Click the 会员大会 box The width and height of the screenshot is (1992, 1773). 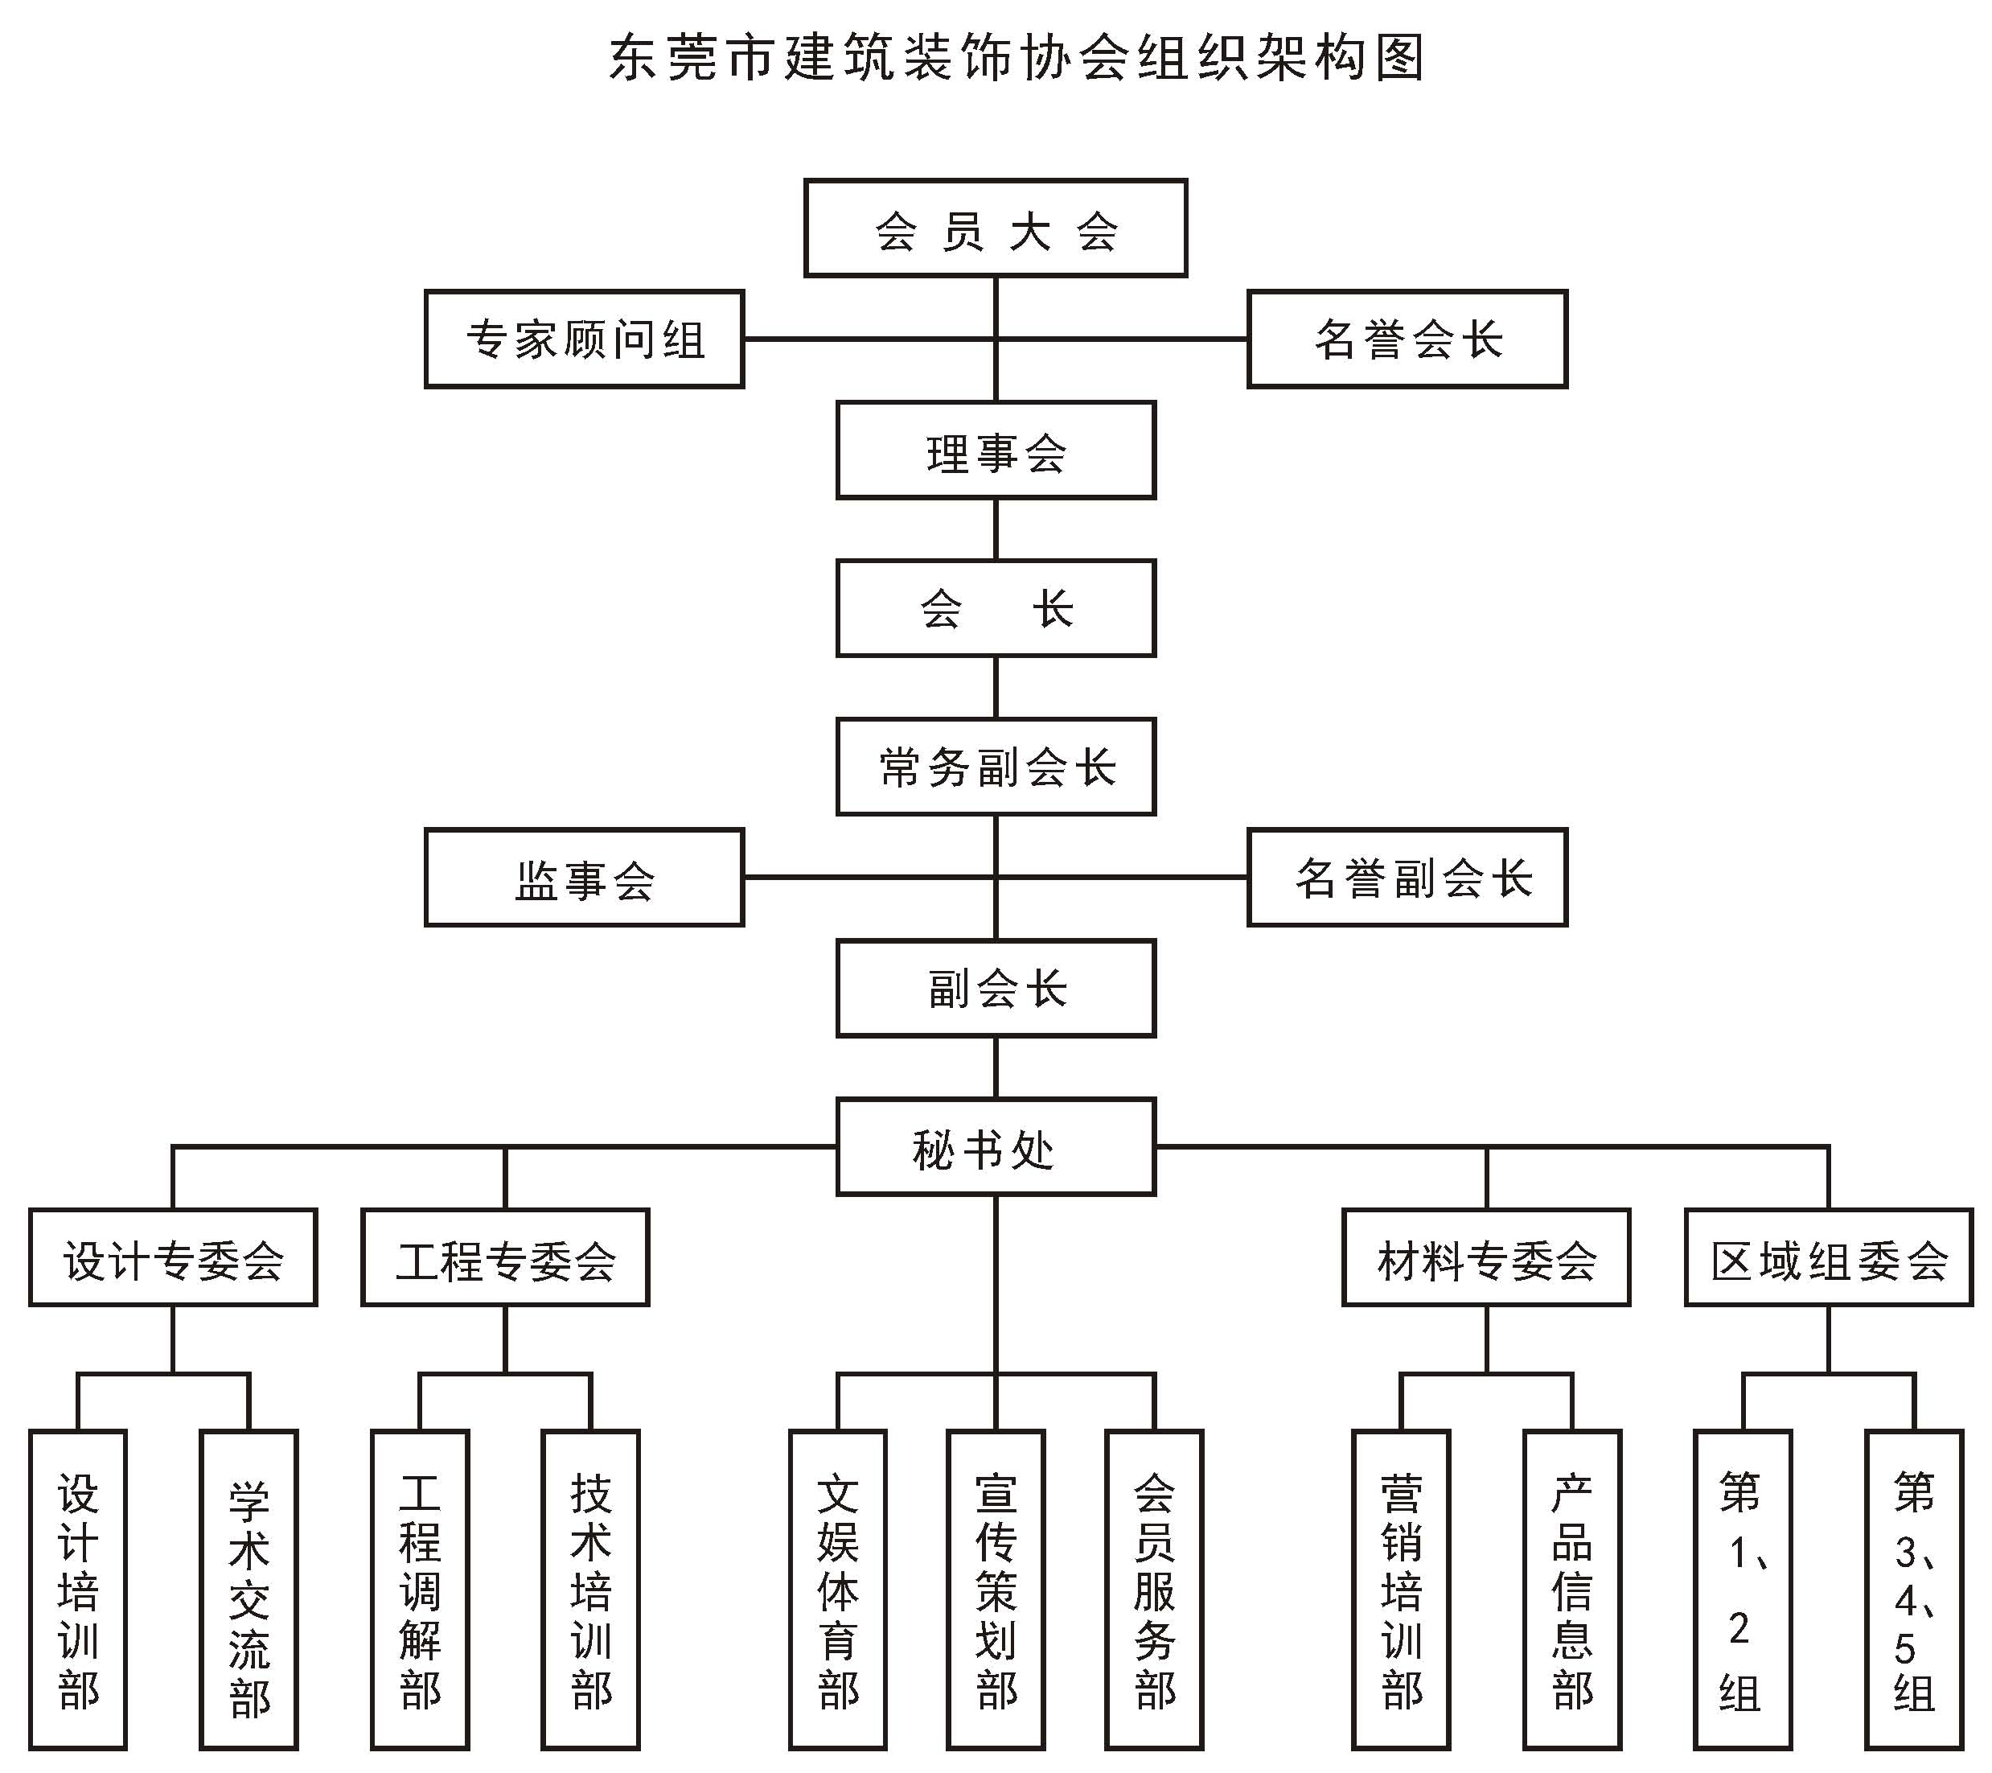point(995,228)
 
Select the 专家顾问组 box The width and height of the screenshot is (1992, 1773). point(585,339)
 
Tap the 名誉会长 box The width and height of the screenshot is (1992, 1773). point(1407,339)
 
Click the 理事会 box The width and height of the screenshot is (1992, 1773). point(996,450)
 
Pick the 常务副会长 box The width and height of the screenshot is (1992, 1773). point(996,767)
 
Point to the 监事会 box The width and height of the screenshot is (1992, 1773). point(585,877)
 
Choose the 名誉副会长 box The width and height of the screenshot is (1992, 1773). point(1407,877)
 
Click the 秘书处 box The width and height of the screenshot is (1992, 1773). point(996,1147)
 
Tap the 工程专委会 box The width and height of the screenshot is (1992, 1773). point(505,1257)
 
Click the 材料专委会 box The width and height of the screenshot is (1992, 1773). point(1486,1257)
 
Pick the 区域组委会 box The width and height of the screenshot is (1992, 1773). point(1828,1257)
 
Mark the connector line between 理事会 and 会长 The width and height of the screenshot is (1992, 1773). point(996,529)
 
